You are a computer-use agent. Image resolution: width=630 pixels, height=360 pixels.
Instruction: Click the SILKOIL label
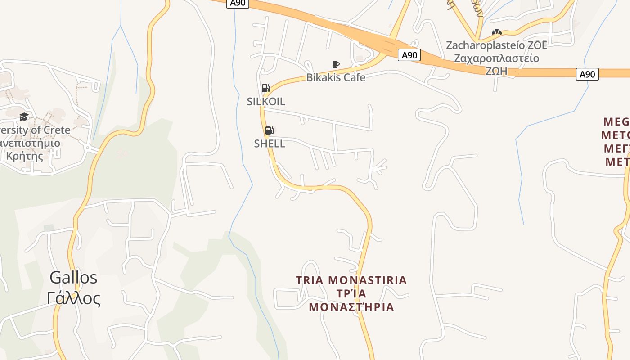pyautogui.click(x=266, y=102)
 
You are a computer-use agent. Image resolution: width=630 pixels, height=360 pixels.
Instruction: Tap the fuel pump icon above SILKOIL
pyautogui.click(x=265, y=88)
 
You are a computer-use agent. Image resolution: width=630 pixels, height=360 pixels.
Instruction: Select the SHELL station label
pyautogui.click(x=270, y=144)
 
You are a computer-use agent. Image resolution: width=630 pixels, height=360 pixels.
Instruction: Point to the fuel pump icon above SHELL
pyautogui.click(x=269, y=130)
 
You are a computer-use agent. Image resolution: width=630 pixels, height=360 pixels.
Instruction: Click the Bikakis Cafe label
pyautogui.click(x=336, y=77)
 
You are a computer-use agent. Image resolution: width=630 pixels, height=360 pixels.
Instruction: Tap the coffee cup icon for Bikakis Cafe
pyautogui.click(x=335, y=64)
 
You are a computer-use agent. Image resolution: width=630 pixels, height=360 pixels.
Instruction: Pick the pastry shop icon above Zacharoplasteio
pyautogui.click(x=496, y=32)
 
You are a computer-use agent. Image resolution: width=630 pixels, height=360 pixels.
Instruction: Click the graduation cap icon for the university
pyautogui.click(x=24, y=117)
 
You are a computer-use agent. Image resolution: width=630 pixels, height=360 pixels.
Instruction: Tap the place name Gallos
pyautogui.click(x=73, y=277)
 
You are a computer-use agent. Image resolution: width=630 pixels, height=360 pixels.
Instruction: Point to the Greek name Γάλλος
pyautogui.click(x=74, y=298)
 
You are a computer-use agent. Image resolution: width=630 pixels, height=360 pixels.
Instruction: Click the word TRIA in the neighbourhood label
pyautogui.click(x=310, y=280)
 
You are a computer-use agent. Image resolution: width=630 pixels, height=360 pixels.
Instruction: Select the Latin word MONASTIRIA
pyautogui.click(x=368, y=280)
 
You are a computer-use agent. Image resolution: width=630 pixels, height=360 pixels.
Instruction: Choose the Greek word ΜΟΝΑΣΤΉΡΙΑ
pyautogui.click(x=351, y=307)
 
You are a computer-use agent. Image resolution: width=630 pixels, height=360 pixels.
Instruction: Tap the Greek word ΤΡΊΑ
pyautogui.click(x=351, y=294)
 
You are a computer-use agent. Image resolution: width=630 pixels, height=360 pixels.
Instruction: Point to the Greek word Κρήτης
pyautogui.click(x=25, y=156)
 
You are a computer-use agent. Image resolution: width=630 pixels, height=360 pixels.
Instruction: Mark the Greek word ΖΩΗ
pyautogui.click(x=496, y=71)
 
